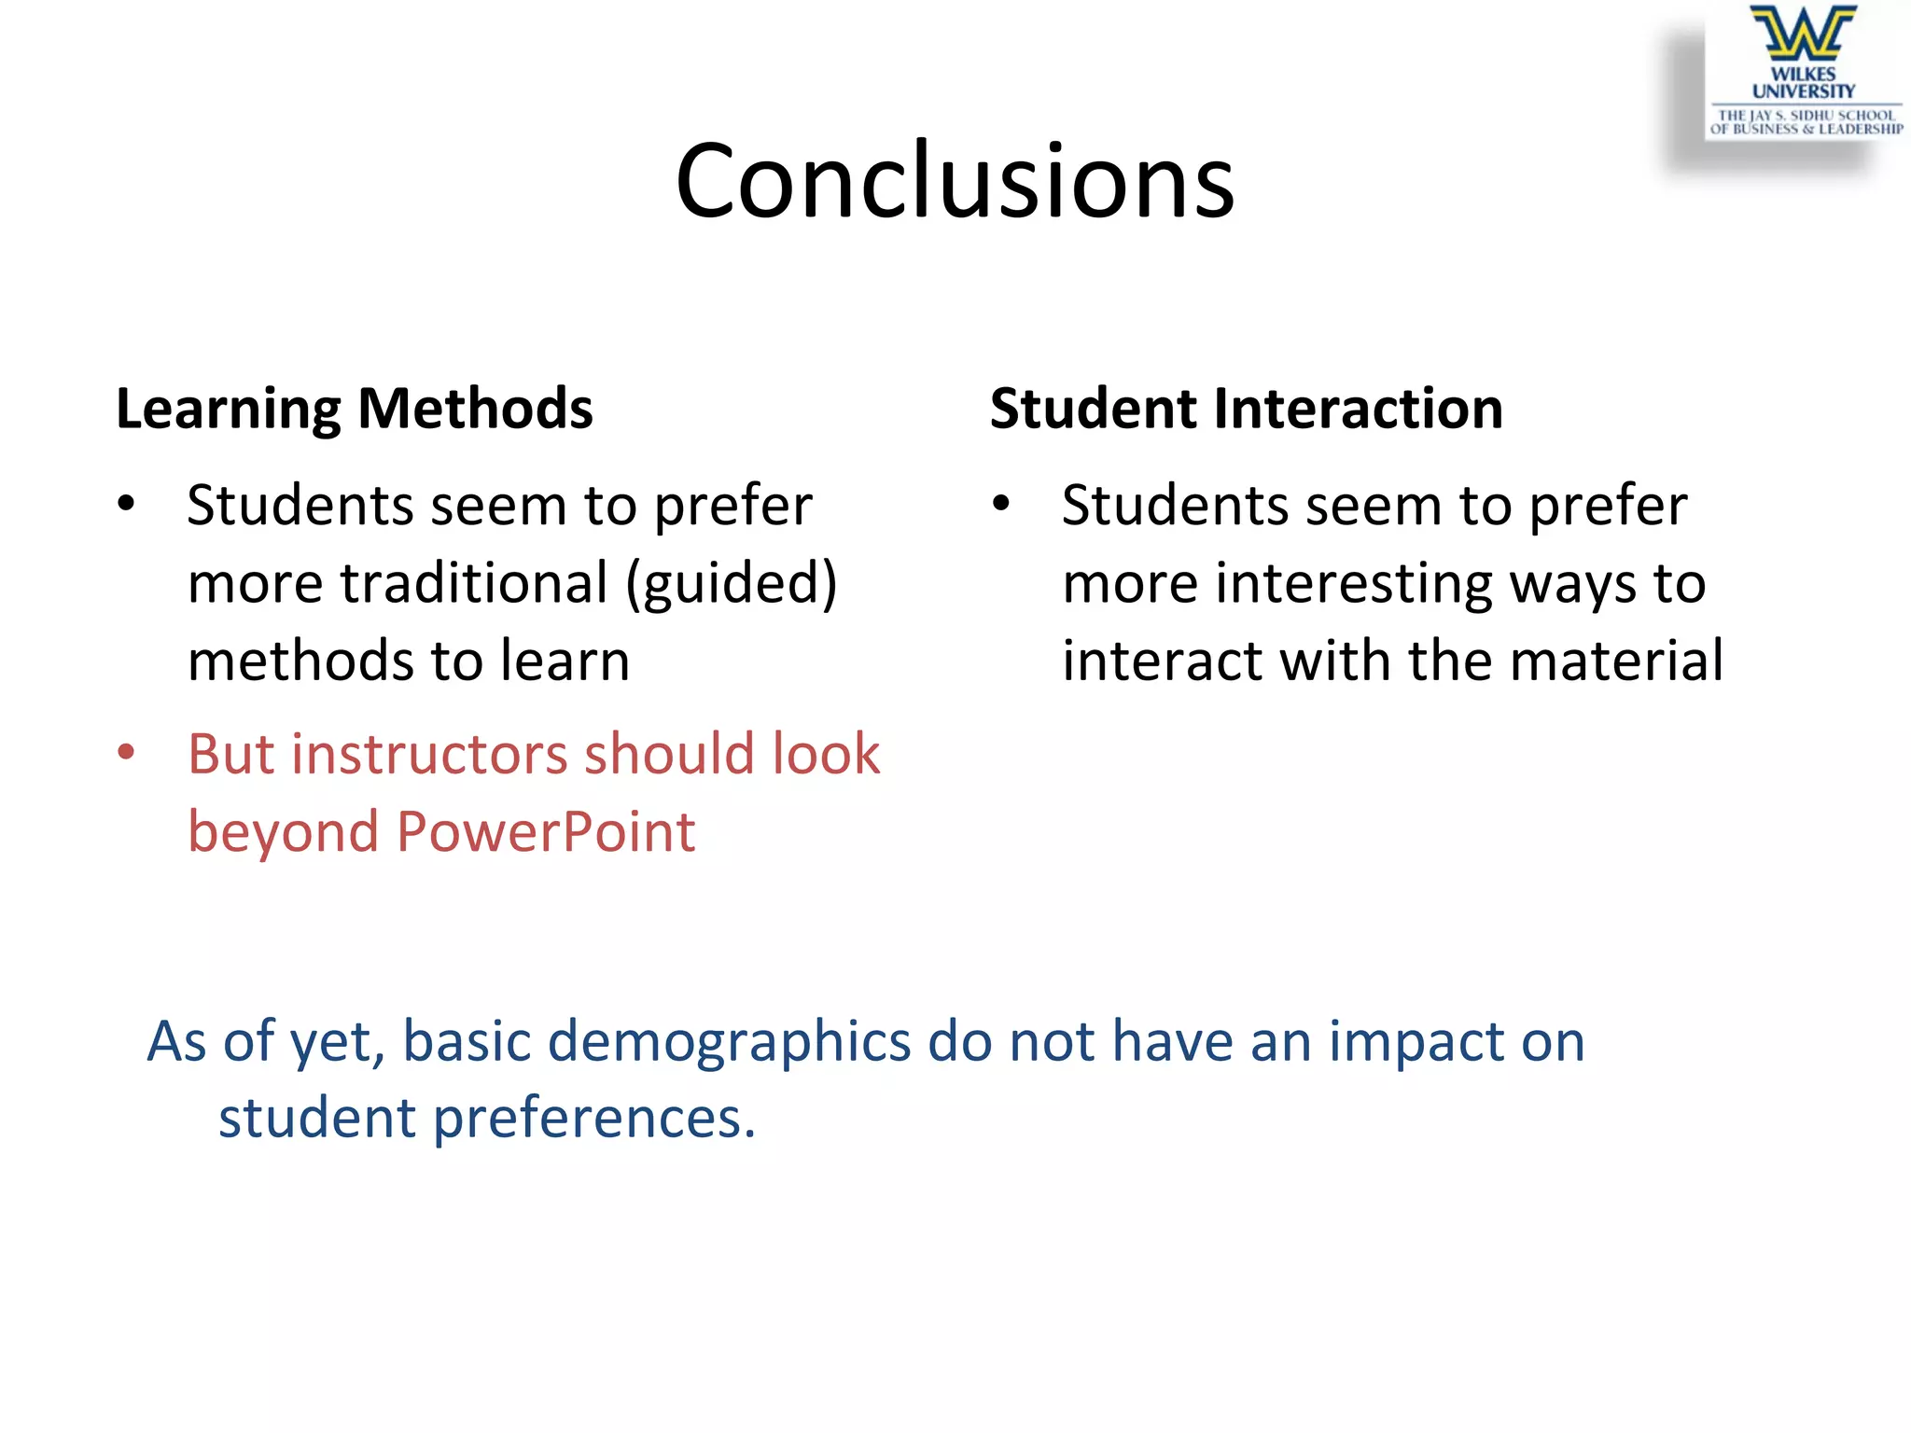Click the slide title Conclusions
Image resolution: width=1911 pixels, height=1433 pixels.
[955, 179]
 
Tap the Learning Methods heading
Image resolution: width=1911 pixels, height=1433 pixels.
[354, 409]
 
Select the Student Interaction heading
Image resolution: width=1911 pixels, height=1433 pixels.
[1246, 409]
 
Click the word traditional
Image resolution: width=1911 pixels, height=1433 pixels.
[474, 583]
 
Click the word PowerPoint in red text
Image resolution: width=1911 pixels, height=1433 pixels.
[546, 831]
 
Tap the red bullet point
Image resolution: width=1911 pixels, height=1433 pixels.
[127, 752]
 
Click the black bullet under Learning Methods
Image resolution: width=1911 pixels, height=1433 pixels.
[127, 504]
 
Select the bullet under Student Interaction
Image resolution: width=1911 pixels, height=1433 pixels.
[1001, 504]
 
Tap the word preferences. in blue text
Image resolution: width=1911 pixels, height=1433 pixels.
[594, 1119]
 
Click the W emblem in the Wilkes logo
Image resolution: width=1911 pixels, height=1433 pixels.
[1803, 34]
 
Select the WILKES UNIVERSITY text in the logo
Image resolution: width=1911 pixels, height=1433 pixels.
[1803, 82]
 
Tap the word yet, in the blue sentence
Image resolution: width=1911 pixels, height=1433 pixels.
[338, 1042]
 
